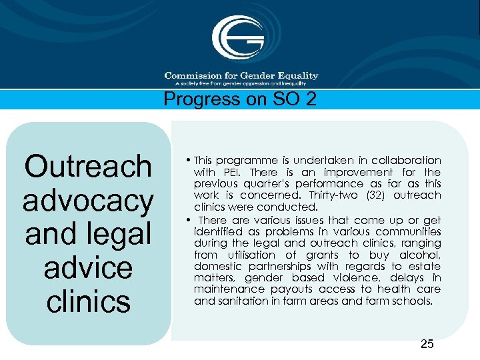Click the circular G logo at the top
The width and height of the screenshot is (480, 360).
[x=237, y=39]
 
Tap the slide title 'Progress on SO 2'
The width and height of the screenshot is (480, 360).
[x=239, y=99]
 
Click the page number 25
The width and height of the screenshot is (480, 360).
[x=427, y=344]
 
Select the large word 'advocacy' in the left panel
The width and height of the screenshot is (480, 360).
[x=87, y=200]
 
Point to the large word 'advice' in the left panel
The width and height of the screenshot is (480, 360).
[x=87, y=267]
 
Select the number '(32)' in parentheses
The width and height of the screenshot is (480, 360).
[x=370, y=195]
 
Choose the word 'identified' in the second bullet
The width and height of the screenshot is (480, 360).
[x=218, y=231]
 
